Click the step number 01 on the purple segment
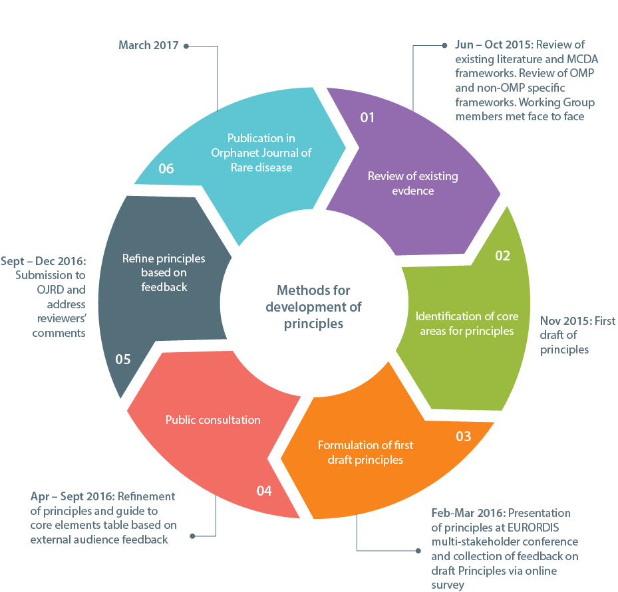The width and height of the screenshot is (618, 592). pos(367,118)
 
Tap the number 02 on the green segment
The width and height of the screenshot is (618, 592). pos(502,256)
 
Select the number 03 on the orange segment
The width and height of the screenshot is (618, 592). pos(464,436)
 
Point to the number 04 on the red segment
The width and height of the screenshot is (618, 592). pos(264,491)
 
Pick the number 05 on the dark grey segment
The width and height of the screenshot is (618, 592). pos(123,359)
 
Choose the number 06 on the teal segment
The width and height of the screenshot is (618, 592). pos(166,169)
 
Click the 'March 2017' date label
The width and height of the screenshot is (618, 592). pos(148,45)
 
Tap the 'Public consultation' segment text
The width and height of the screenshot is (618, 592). pos(213,420)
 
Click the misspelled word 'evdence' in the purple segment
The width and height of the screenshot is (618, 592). pos(412,191)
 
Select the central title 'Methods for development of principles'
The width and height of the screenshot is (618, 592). pos(313,307)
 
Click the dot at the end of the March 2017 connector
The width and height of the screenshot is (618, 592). pos(186,46)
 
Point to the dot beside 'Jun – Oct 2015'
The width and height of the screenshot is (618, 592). pos(444,46)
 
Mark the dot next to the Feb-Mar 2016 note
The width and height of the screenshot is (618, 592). pos(418,551)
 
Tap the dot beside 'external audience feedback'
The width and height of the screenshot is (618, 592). pos(192,536)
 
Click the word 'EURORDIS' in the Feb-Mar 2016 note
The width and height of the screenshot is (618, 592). pos(533,528)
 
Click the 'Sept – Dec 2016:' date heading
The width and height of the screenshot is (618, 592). pos(43,261)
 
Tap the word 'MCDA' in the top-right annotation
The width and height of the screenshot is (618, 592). pos(582,59)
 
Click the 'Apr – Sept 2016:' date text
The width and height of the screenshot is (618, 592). pos(73,496)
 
